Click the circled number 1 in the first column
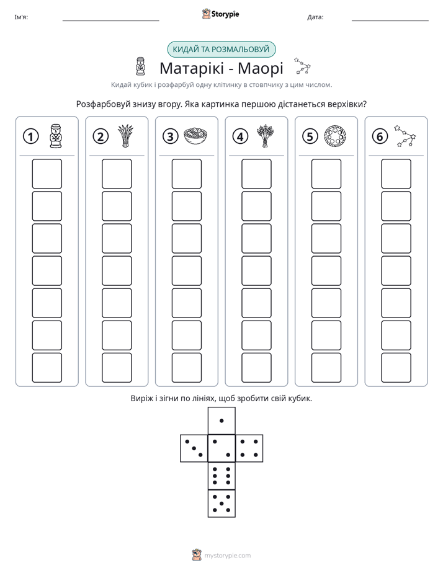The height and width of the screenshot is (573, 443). pos(30,136)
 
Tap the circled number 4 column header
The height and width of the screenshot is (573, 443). pos(240,136)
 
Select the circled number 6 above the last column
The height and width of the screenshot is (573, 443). pos(380,136)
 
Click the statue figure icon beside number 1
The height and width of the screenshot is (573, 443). pos(56,136)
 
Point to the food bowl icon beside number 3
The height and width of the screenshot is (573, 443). pos(195,136)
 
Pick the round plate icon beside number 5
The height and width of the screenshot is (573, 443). pos(335,136)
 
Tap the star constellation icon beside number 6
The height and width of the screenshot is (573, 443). pos(405,136)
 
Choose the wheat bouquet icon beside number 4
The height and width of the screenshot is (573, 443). pos(266,136)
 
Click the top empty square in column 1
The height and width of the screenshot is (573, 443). pos(47,174)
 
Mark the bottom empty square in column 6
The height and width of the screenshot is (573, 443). pos(396,368)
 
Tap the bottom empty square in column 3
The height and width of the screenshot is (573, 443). pos(186,368)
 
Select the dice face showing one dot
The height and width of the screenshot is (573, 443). pos(221,420)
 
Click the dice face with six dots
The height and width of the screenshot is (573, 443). pos(221,476)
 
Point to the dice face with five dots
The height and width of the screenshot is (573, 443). pos(221,504)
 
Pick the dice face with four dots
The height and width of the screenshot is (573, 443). pos(249,448)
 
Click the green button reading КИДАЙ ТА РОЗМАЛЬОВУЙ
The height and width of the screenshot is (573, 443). pos(221,50)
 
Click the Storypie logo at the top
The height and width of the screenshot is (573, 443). pos(220,14)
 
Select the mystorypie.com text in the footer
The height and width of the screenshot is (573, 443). pos(227,556)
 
